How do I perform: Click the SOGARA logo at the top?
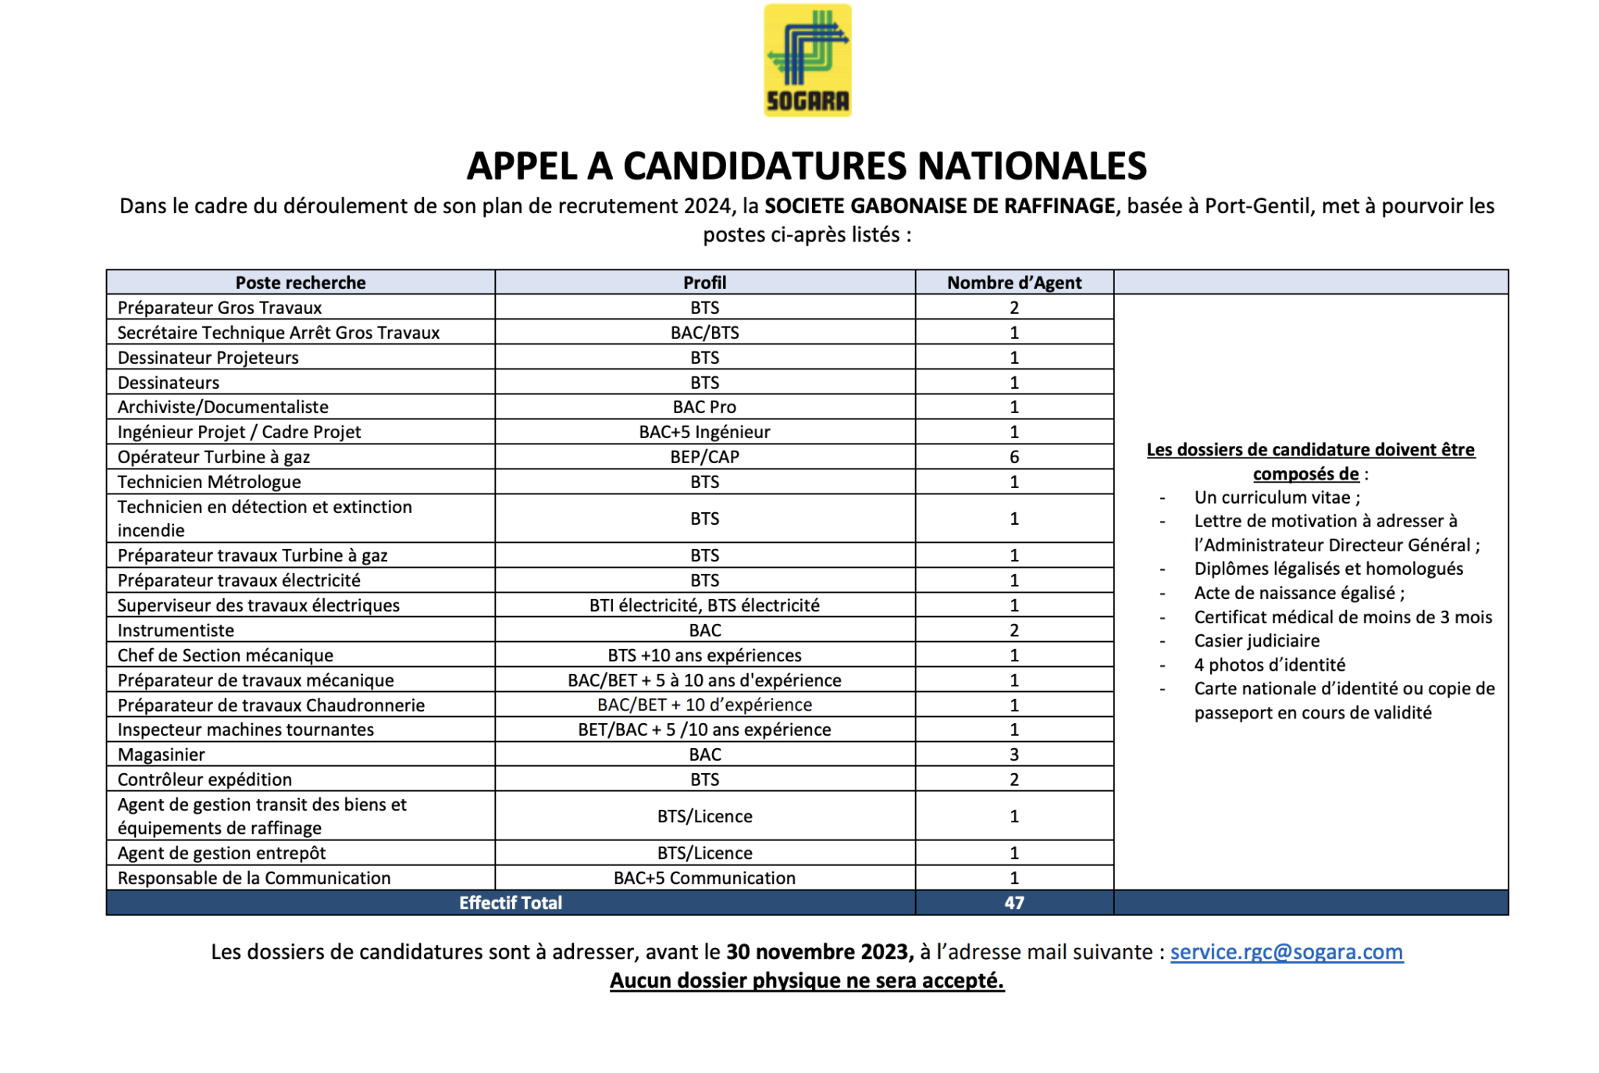(x=807, y=60)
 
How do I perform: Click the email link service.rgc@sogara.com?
(x=1286, y=951)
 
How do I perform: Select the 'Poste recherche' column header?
(x=301, y=283)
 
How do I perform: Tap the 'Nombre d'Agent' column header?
(x=1013, y=283)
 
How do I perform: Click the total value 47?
(x=1013, y=903)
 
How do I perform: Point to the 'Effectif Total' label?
(x=510, y=903)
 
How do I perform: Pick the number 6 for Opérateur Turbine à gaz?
(x=1013, y=457)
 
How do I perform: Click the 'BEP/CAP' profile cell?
(x=704, y=457)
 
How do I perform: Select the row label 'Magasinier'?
(x=162, y=754)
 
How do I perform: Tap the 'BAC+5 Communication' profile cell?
(x=704, y=878)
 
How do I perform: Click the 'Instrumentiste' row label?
(x=176, y=630)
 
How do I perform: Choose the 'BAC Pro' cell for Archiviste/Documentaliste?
(x=704, y=407)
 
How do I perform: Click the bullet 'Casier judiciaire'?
(x=1256, y=641)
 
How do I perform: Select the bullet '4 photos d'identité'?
(x=1270, y=665)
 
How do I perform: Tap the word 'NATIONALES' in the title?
(x=1031, y=166)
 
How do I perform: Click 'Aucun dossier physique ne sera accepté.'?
(x=807, y=980)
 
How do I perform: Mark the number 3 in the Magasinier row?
(x=1013, y=754)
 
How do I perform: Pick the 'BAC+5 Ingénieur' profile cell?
(x=704, y=432)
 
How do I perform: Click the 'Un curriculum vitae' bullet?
(x=1277, y=497)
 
